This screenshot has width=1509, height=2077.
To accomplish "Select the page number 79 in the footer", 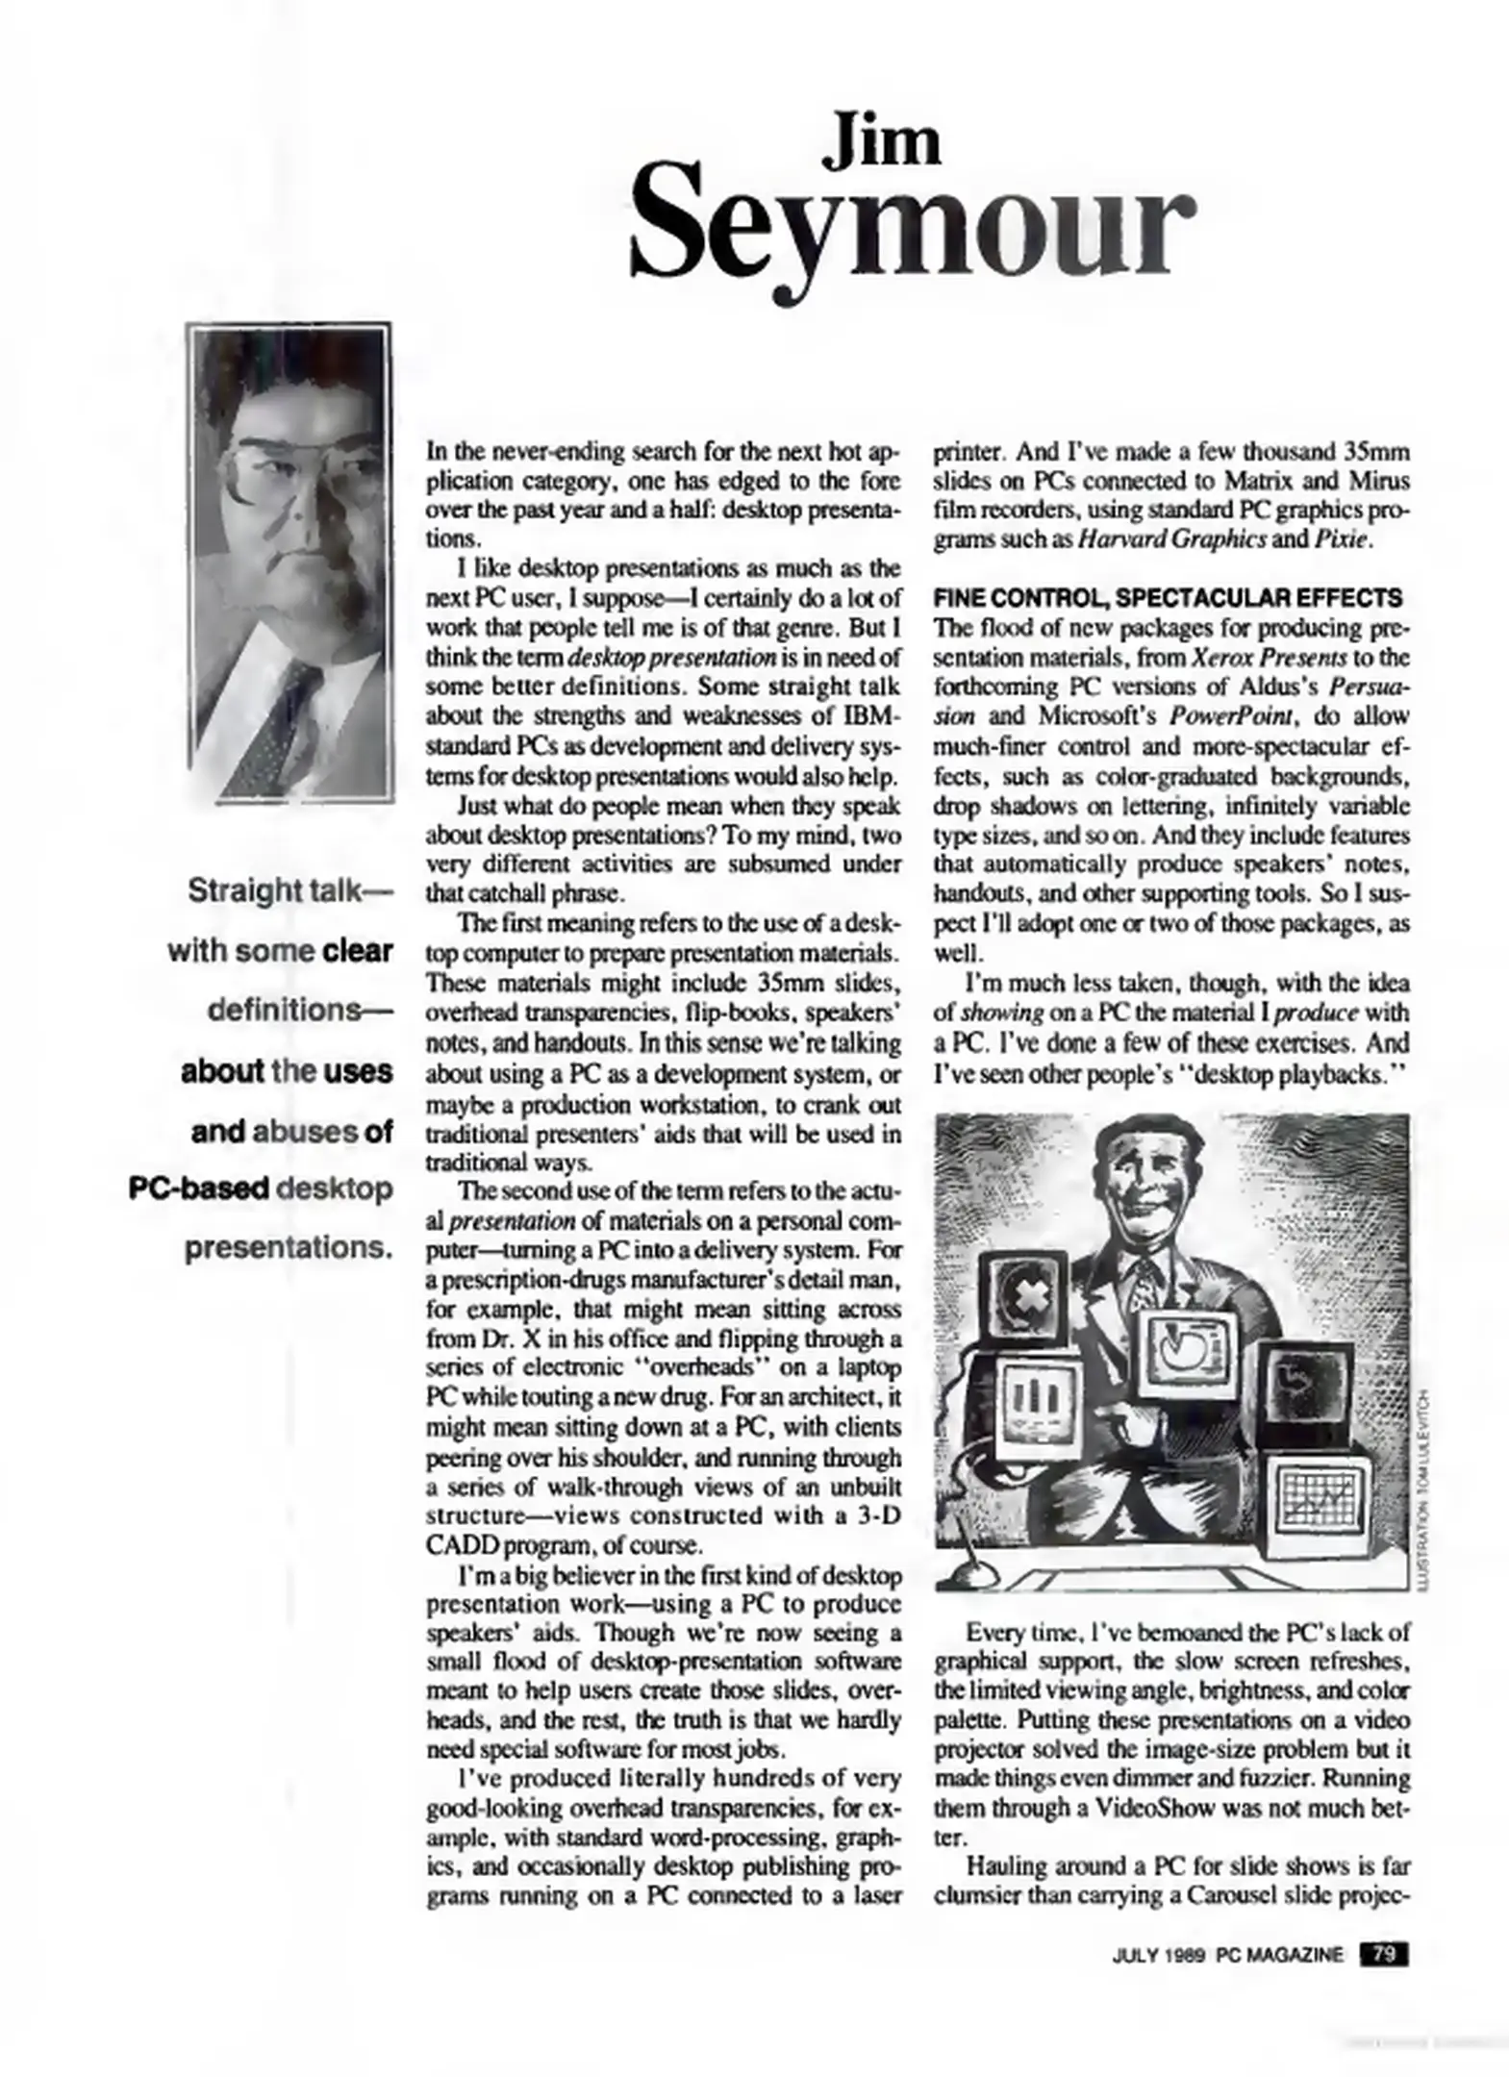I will (x=1383, y=1953).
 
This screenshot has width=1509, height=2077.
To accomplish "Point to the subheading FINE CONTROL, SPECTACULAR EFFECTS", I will (x=1167, y=598).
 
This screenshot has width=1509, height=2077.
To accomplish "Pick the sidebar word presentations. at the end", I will (x=289, y=1248).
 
